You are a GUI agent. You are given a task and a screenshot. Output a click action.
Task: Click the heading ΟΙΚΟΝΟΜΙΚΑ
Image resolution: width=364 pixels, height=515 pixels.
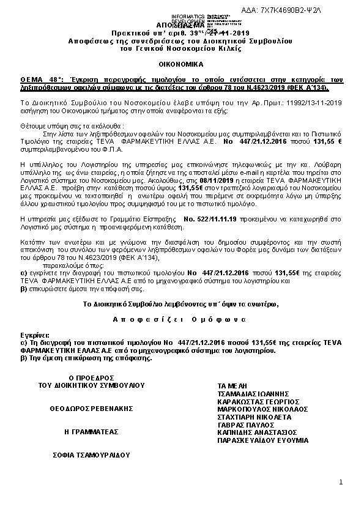(x=182, y=63)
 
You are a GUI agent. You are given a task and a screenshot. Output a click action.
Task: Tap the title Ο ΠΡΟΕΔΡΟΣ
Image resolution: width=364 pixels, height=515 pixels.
(x=92, y=378)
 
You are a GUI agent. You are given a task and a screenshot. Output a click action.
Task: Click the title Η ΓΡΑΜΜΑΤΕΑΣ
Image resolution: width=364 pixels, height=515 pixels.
(x=91, y=431)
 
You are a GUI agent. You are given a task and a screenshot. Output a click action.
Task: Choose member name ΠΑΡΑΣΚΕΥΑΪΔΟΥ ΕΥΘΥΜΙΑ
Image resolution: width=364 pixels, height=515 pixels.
(x=264, y=440)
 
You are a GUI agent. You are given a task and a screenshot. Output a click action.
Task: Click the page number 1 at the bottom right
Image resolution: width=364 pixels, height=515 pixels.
(x=341, y=483)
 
